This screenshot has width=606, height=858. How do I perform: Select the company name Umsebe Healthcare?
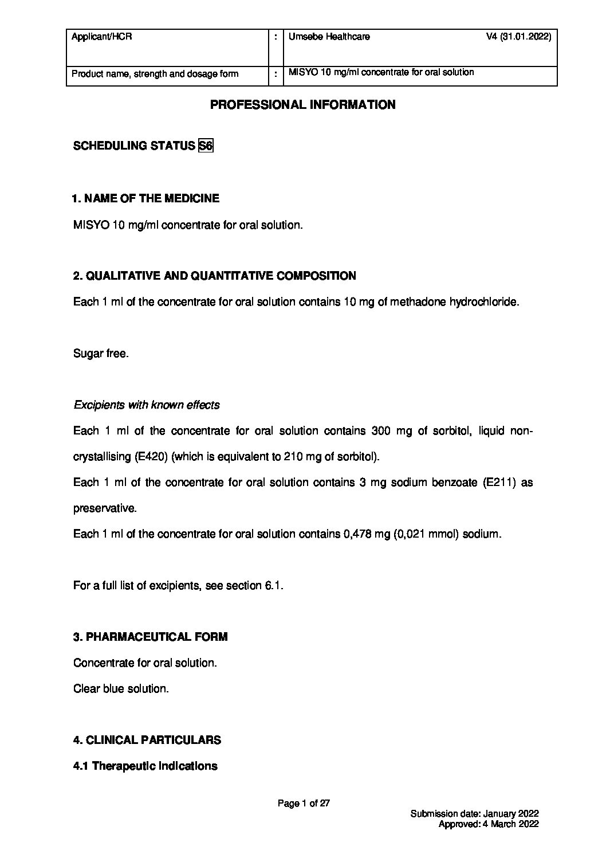click(329, 37)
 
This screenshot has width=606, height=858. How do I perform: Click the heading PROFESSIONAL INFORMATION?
click(303, 105)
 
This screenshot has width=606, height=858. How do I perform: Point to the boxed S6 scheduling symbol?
click(205, 146)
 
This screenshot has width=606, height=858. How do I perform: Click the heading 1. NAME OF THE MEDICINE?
click(145, 199)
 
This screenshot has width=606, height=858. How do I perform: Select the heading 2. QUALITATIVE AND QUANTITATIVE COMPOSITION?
click(215, 276)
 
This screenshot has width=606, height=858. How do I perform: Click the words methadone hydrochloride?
click(454, 302)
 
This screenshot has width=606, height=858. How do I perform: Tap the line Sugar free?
click(101, 354)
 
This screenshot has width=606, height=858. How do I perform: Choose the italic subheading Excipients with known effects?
click(147, 405)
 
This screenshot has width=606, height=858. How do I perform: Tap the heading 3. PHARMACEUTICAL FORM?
click(150, 637)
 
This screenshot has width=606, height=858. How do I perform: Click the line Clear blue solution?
click(121, 689)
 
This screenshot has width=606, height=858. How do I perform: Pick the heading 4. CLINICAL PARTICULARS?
click(147, 741)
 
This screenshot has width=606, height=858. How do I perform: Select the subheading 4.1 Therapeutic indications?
click(145, 766)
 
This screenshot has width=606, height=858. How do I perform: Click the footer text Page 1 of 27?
click(304, 804)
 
